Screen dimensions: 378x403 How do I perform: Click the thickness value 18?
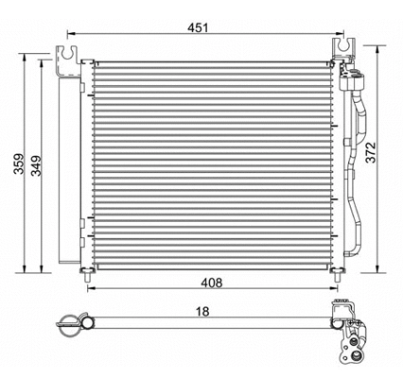click(202, 311)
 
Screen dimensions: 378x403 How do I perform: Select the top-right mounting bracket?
click(338, 51)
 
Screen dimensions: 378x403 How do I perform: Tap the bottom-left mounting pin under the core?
click(89, 275)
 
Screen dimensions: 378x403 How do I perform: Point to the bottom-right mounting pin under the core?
click(334, 275)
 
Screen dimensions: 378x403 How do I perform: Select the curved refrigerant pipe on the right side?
click(358, 161)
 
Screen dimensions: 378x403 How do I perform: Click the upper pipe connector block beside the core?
click(352, 77)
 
